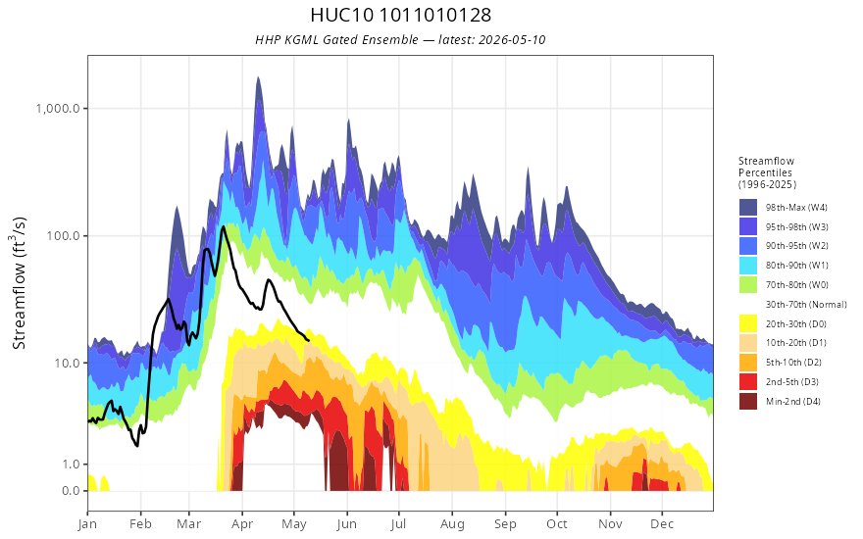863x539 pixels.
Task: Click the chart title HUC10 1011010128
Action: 400,15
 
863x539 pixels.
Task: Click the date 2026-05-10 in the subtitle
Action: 512,40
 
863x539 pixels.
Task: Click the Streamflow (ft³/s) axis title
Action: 19,283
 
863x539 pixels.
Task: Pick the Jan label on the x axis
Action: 88,524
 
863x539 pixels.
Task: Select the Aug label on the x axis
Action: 452,524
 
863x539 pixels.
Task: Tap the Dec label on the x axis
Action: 662,524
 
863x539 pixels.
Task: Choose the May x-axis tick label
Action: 294,524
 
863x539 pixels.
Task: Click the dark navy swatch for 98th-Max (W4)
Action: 748,208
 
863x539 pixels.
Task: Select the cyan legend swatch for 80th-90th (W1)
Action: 748,266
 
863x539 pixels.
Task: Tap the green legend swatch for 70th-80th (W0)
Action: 748,285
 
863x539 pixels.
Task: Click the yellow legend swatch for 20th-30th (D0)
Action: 748,323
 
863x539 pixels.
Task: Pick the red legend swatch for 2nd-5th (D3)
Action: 748,381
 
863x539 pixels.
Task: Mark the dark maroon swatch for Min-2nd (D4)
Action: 748,401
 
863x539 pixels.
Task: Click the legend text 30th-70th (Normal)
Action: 806,304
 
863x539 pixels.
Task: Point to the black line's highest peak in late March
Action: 223,226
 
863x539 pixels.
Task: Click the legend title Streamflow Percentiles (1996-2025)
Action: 767,172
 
